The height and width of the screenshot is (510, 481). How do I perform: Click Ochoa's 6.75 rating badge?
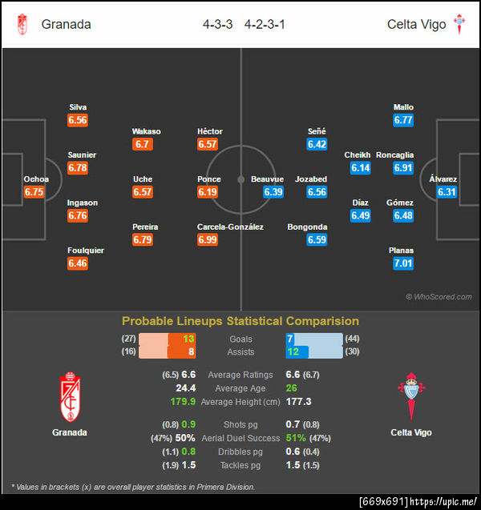click(x=34, y=192)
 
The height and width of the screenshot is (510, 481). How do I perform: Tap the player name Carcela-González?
click(x=230, y=227)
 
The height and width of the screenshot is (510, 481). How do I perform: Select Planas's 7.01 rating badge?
click(x=403, y=263)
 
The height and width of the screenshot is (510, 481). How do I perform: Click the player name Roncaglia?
click(x=394, y=155)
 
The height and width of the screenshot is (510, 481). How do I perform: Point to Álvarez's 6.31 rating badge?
click(x=447, y=192)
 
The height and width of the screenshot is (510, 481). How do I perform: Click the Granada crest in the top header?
click(x=22, y=24)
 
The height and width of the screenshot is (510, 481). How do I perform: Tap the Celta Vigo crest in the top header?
click(x=460, y=24)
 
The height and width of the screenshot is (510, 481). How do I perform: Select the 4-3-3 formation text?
click(x=217, y=24)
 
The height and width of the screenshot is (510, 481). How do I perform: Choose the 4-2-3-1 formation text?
click(x=265, y=24)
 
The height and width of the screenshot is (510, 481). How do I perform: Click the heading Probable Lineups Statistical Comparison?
click(x=240, y=321)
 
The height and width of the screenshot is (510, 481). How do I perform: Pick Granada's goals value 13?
click(x=188, y=339)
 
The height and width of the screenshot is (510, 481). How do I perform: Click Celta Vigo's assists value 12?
click(x=293, y=352)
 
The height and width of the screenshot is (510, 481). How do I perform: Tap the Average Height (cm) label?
click(x=240, y=401)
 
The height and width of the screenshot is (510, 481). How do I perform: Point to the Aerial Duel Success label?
click(x=240, y=438)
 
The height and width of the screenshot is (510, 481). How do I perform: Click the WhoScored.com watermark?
click(x=439, y=297)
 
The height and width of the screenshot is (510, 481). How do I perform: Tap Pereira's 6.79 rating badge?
click(x=143, y=240)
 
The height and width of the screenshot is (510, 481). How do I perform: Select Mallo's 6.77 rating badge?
click(x=403, y=120)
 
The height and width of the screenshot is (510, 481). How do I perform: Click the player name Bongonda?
click(x=307, y=227)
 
